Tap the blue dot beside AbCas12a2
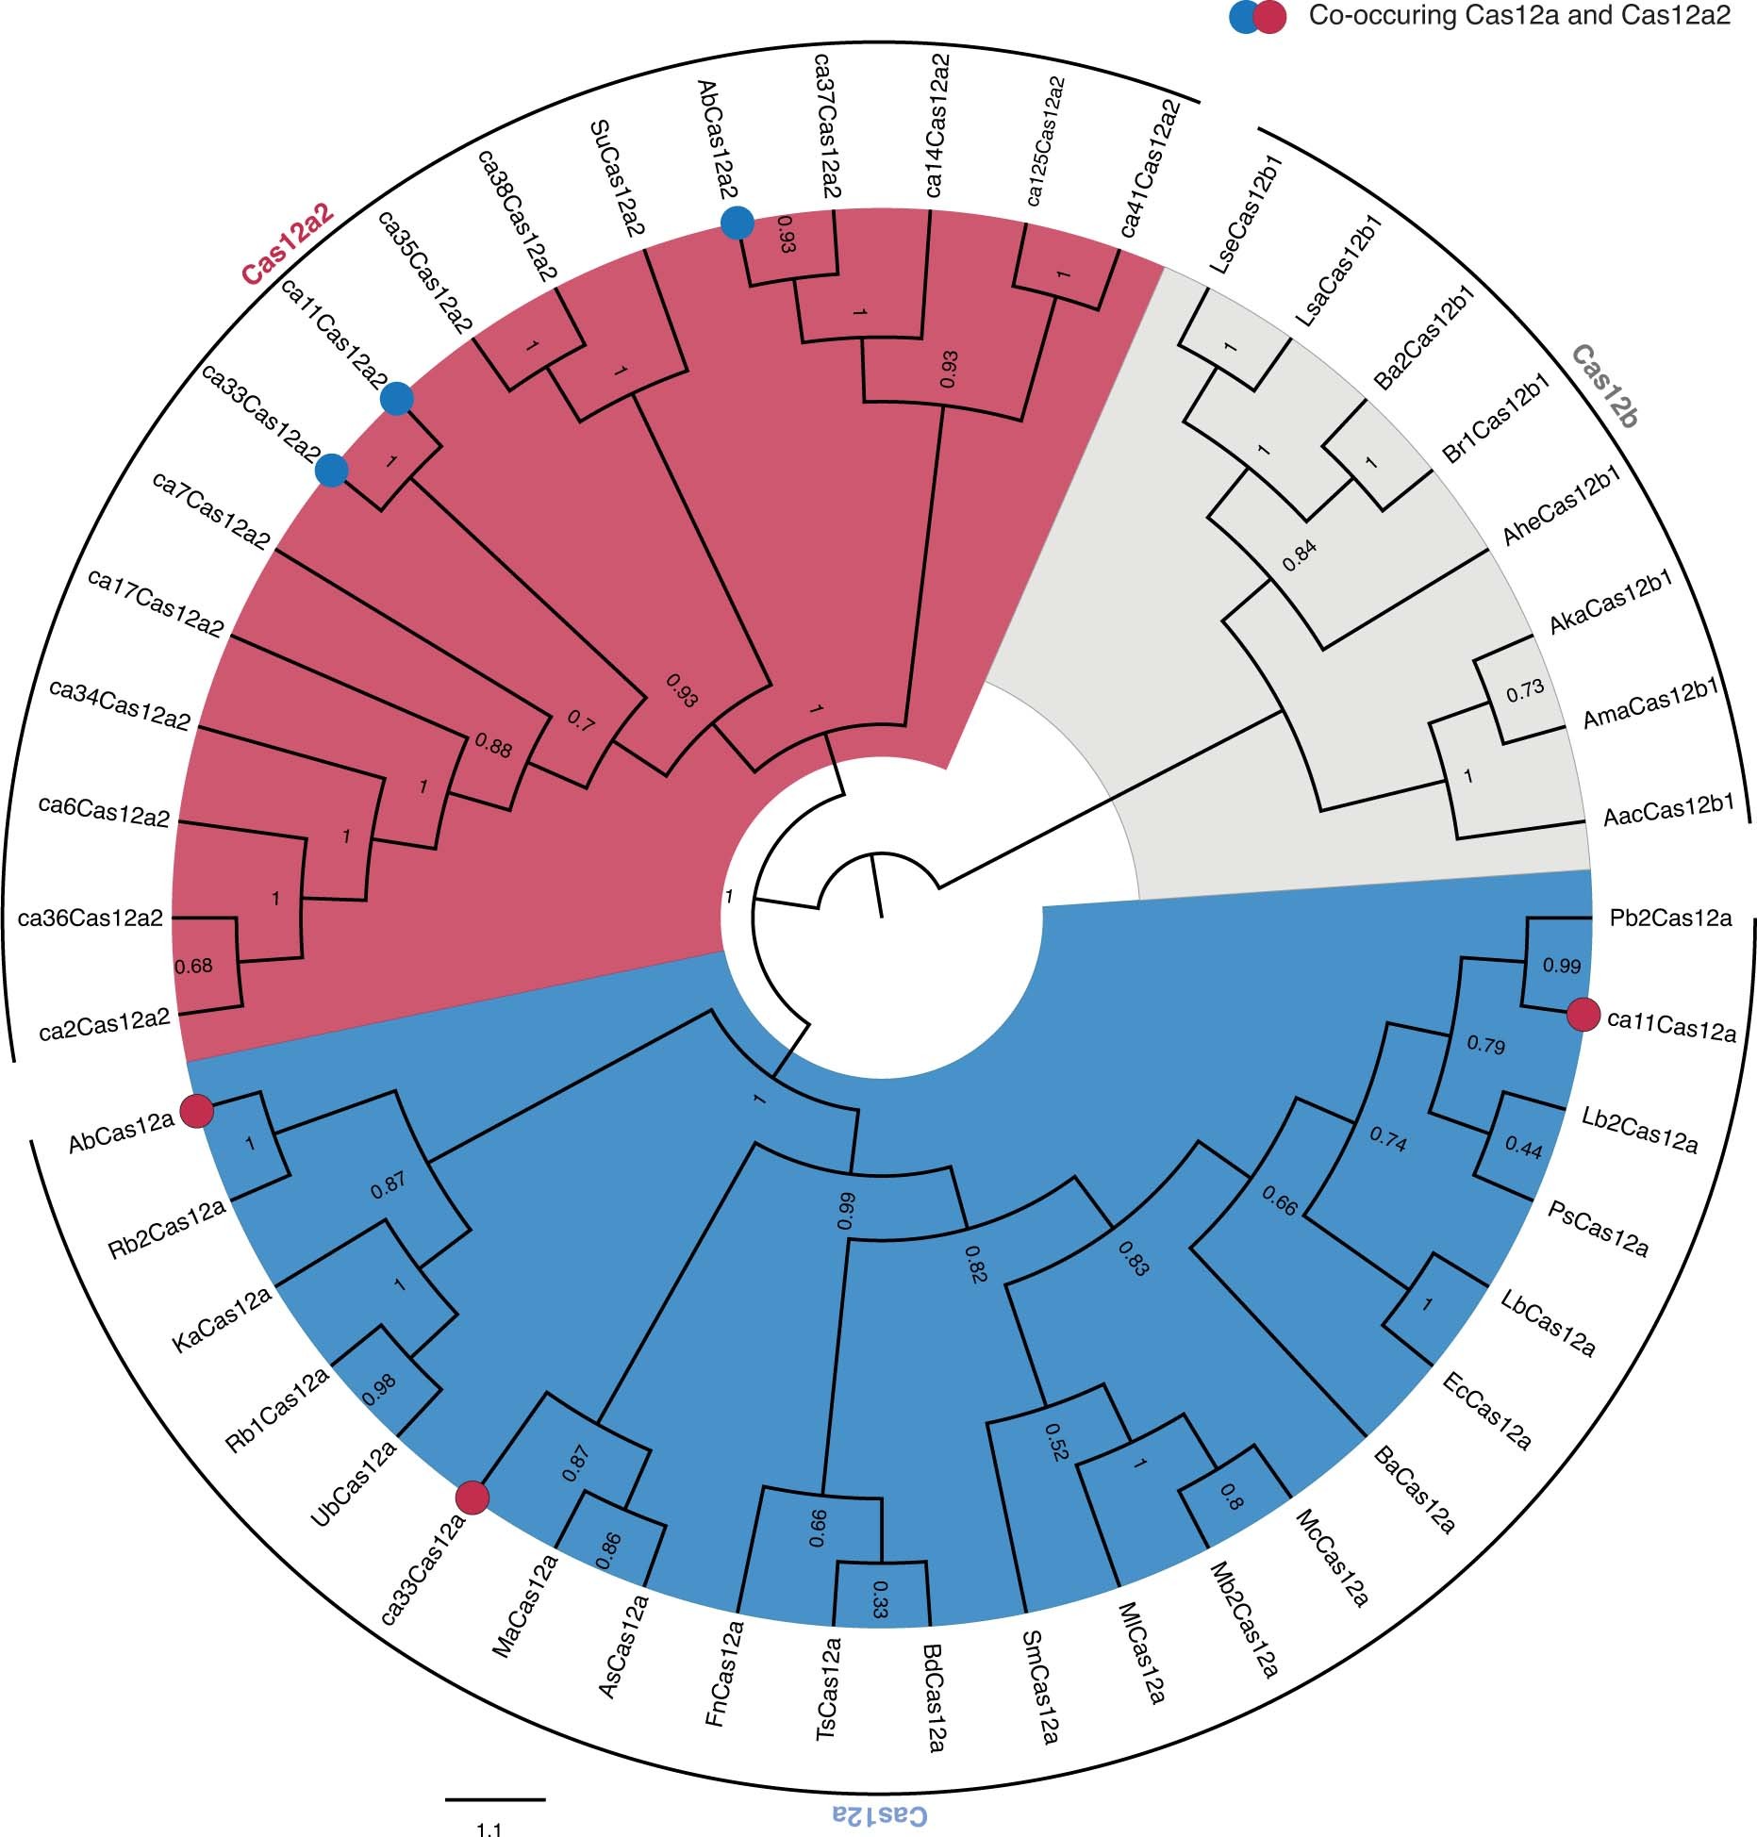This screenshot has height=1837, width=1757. tap(737, 223)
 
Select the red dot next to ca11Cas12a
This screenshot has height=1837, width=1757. tap(1583, 1016)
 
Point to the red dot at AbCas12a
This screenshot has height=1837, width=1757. tap(194, 1111)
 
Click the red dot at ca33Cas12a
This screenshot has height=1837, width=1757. tap(472, 1497)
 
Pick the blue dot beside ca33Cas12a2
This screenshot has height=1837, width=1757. tap(331, 470)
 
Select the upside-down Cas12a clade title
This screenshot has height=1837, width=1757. tap(879, 1812)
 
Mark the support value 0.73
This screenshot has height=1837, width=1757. tap(1524, 690)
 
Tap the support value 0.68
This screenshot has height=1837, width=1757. tap(194, 966)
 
